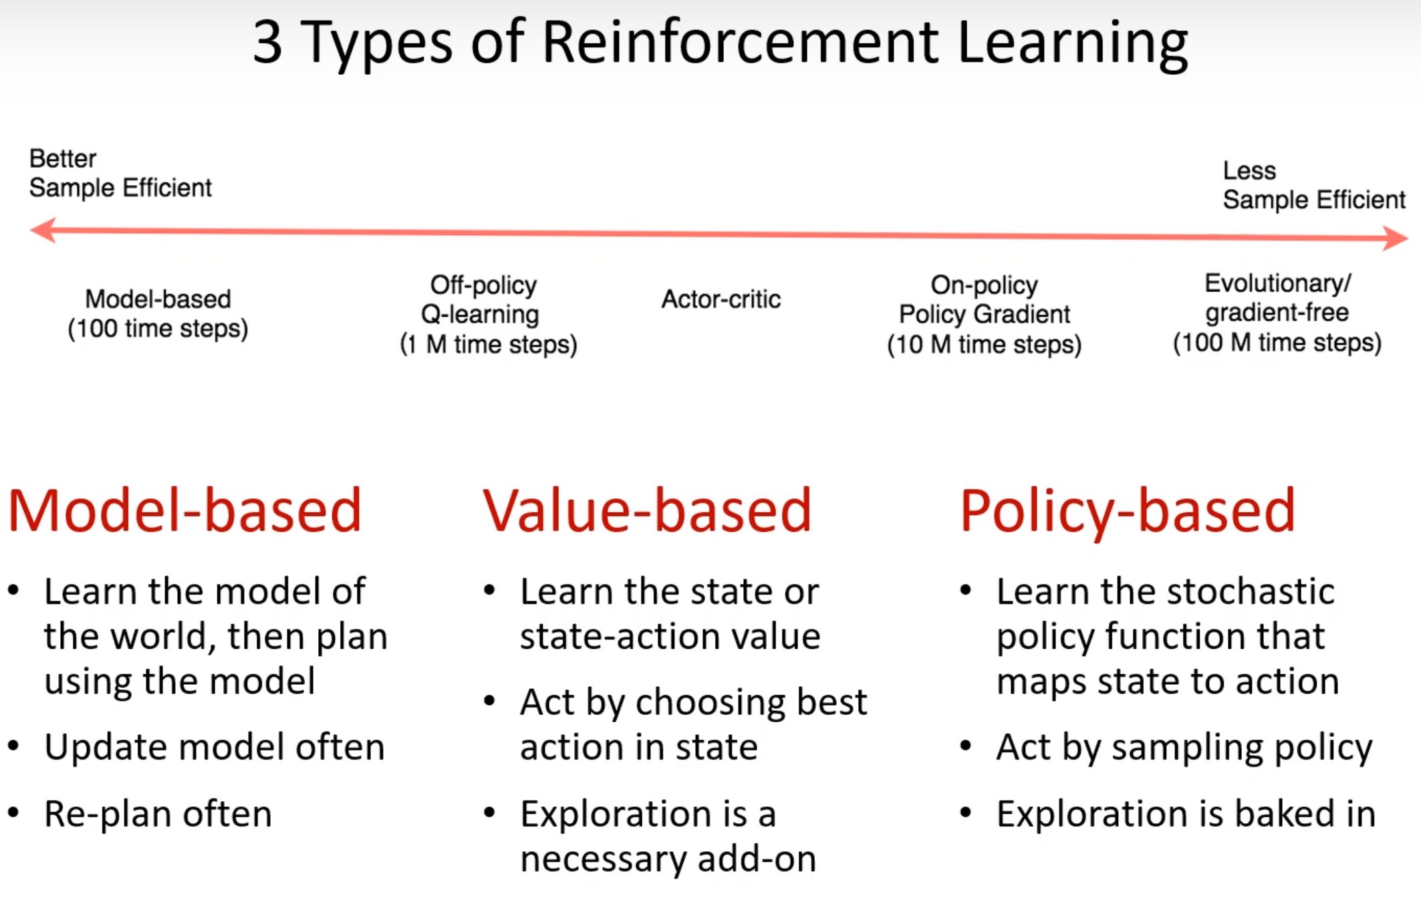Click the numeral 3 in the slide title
pos(267,42)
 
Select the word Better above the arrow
pos(63,159)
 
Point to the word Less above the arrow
pos(1249,170)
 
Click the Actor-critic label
pos(721,299)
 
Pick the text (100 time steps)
pos(158,329)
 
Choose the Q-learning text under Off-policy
pos(480,314)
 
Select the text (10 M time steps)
pos(984,345)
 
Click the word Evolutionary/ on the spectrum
pos(1277,283)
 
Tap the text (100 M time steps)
pos(1277,343)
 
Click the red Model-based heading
pos(184,510)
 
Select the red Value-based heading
pos(646,510)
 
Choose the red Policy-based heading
pos(1127,510)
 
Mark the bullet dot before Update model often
pos(13,746)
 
